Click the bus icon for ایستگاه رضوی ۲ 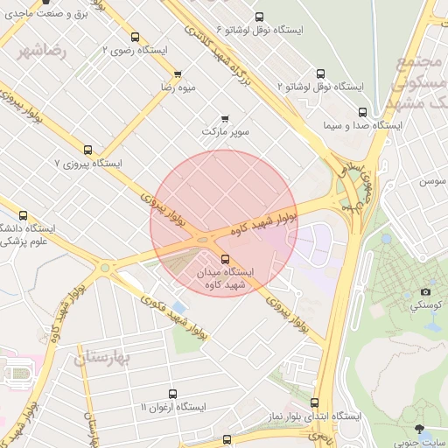(135, 37)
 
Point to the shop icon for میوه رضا (178, 74)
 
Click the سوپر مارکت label (226, 131)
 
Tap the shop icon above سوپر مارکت (226, 118)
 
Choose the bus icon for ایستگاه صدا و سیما (379, 112)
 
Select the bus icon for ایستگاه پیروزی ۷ (87, 150)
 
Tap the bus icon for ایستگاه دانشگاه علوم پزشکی (23, 215)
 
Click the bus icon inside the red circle (226, 258)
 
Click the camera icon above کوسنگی (426, 291)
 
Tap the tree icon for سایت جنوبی (422, 430)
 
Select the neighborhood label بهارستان (102, 358)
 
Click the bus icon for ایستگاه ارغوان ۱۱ (172, 394)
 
